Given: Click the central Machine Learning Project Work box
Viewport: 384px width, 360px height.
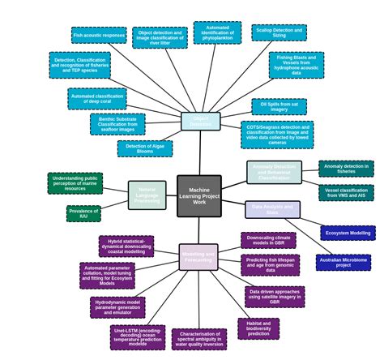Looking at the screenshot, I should click(x=199, y=196).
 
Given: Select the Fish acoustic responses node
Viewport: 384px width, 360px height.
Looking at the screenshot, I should click(x=99, y=36).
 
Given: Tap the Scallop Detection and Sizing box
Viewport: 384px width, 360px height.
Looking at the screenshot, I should click(x=279, y=32).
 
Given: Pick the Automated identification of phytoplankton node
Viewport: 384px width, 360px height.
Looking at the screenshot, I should click(x=217, y=32).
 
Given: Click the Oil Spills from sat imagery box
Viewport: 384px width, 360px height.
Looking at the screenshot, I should click(x=279, y=106).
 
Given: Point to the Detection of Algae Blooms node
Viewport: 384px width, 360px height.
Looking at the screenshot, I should click(x=145, y=148).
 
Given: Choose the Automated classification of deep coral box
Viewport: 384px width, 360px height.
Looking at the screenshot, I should click(x=97, y=99).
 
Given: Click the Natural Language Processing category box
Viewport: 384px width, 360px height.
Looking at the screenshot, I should click(x=147, y=195).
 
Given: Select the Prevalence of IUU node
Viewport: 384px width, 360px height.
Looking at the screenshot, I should click(x=83, y=213).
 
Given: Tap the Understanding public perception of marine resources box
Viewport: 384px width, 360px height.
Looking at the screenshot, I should click(x=75, y=183).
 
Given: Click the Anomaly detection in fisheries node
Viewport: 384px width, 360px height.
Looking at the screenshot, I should click(x=346, y=169).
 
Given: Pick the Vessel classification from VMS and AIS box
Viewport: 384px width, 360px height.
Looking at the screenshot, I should click(x=346, y=193).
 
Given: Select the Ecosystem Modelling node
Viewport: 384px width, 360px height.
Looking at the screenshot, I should click(x=348, y=233).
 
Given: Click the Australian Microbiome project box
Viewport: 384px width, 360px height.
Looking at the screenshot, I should click(x=343, y=263).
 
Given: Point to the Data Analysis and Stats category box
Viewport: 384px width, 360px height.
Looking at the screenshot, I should click(x=272, y=210).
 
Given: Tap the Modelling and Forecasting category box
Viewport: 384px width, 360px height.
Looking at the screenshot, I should click(x=198, y=257).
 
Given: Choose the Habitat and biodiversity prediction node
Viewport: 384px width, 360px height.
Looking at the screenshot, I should click(x=258, y=328).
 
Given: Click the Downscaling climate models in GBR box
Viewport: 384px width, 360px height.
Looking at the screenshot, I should click(x=268, y=241).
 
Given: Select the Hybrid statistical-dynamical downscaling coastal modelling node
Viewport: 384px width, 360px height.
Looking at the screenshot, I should click(x=126, y=246).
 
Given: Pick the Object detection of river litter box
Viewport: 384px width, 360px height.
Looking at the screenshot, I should click(x=160, y=37).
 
